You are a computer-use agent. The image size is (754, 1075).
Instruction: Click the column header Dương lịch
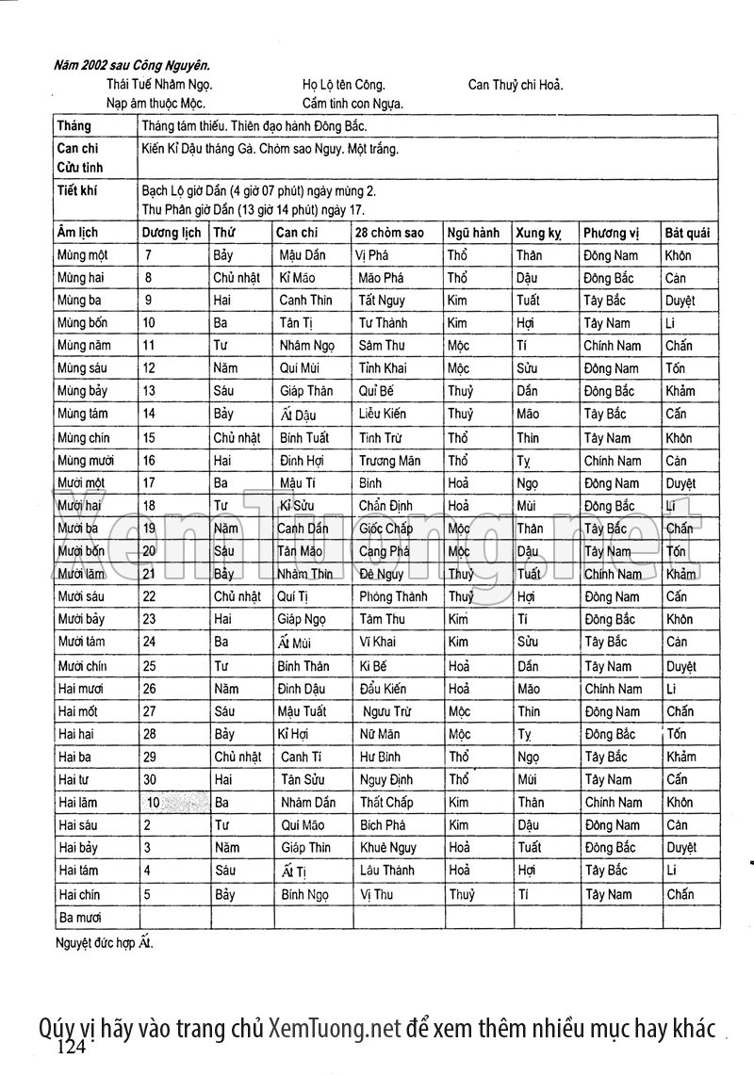pos(171,233)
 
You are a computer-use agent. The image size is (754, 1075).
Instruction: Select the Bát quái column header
pos(687,233)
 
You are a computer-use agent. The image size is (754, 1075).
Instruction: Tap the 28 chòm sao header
pos(390,233)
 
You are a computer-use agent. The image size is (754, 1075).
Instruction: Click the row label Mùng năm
pos(84,346)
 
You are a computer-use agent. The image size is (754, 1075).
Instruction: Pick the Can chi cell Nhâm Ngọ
pos(307,346)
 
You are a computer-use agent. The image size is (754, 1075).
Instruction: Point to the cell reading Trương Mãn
pos(389,461)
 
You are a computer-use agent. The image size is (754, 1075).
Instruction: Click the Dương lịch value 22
pos(149,596)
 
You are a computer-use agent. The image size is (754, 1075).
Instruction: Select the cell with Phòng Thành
pos(393,596)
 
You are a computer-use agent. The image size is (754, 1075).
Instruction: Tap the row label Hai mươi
pos(81,689)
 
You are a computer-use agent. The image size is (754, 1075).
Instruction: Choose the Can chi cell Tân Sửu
pos(303,779)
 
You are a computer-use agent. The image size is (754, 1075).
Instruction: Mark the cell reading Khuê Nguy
pos(387,848)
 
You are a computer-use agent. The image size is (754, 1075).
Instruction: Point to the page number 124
pos(72,1048)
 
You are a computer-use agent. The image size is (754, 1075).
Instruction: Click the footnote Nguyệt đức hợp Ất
pos(104,941)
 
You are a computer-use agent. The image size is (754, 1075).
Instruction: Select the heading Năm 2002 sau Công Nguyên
pos(132,66)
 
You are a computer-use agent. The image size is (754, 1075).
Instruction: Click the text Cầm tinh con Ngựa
pos(352,103)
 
